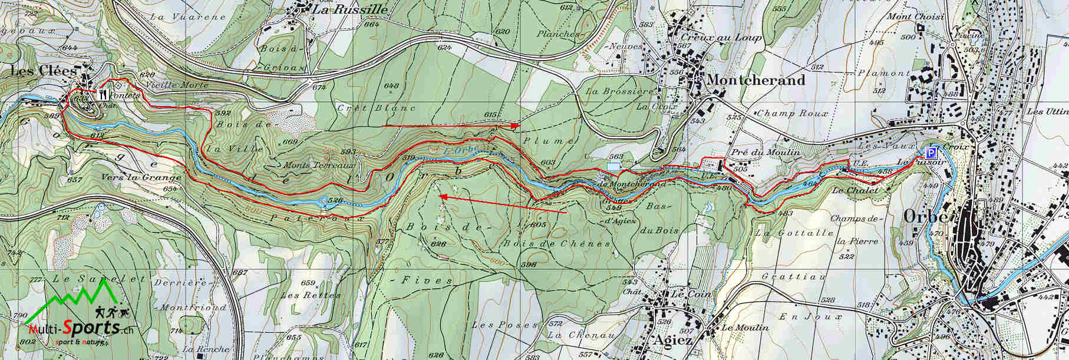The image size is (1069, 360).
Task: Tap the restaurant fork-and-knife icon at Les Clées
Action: [101, 93]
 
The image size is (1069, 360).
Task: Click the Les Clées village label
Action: [44, 71]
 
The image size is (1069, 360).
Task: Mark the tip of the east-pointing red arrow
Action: [518, 125]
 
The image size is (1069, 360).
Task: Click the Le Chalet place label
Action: [855, 190]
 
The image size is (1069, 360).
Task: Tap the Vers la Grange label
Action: [133, 177]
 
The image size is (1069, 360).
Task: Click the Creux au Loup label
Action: [729, 37]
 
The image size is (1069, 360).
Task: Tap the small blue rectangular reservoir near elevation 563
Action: [613, 167]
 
